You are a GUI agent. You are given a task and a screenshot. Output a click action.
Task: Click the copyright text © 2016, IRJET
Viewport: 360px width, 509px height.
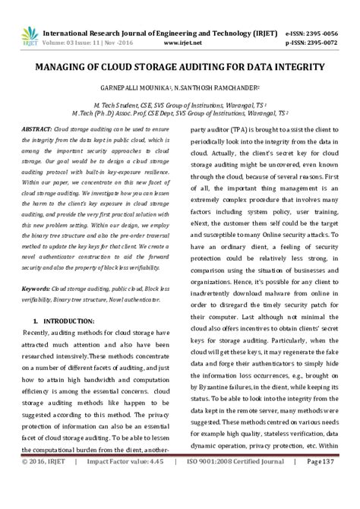tap(46, 502)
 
